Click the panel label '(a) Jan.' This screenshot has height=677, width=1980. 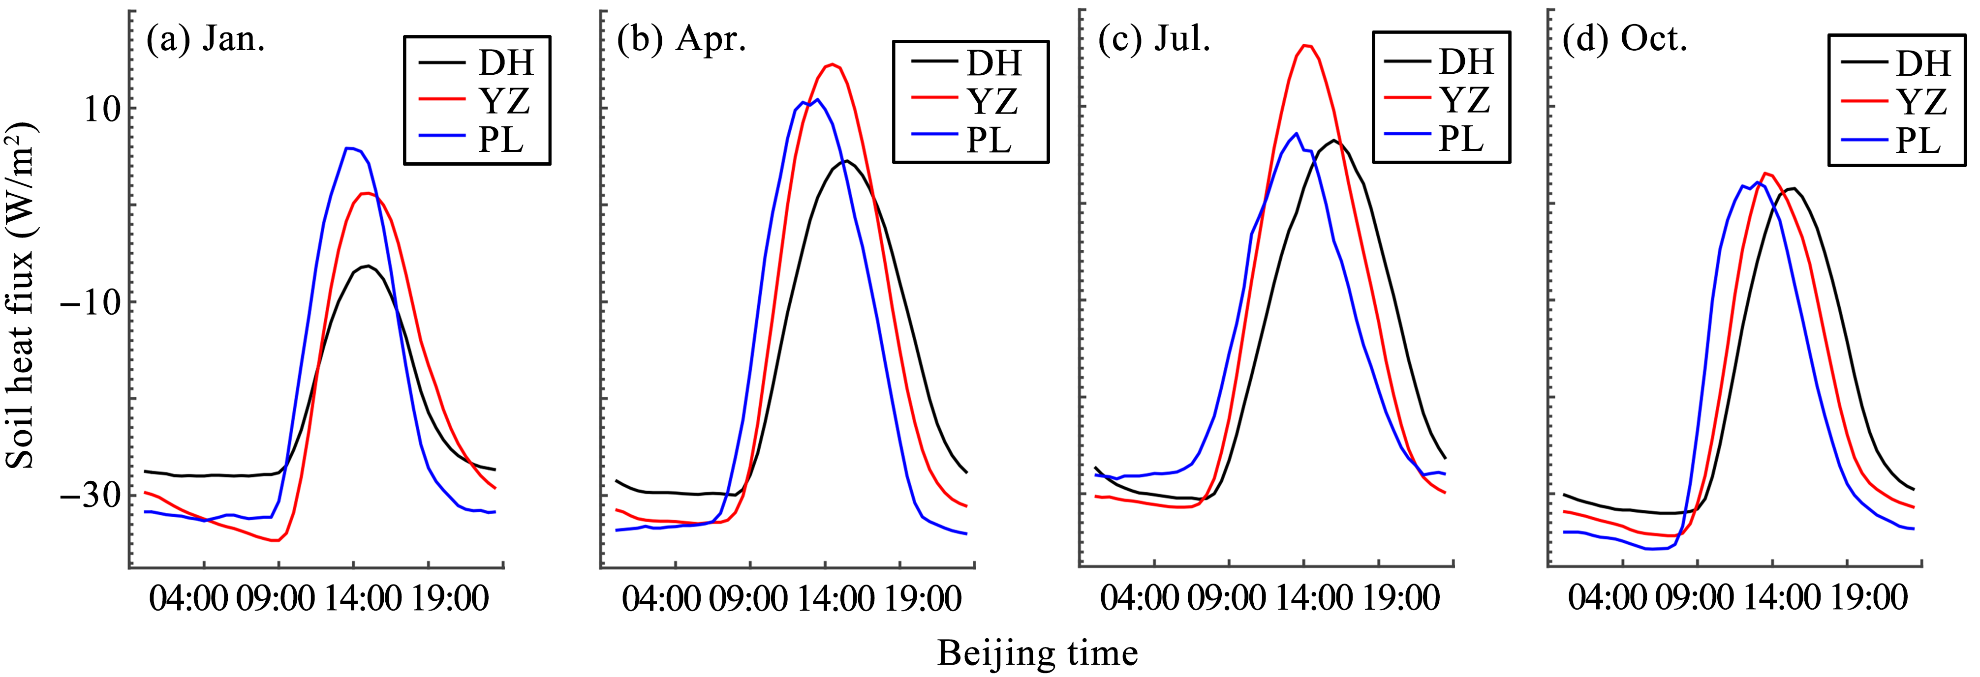(206, 38)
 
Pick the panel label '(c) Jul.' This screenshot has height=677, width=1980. (1154, 38)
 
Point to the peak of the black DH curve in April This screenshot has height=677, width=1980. (845, 161)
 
